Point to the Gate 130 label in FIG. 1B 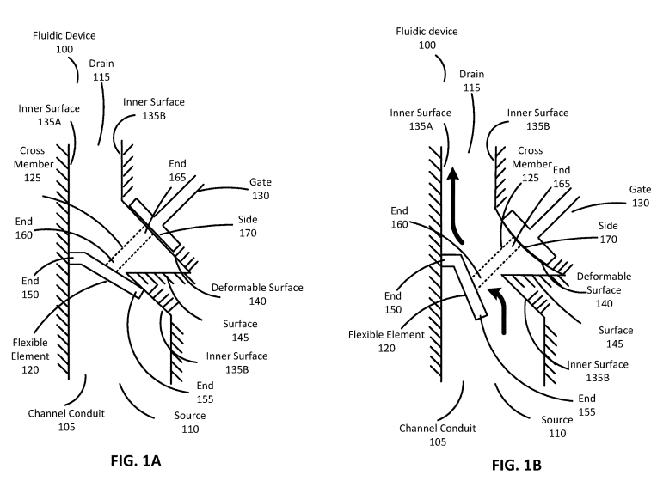pyautogui.click(x=640, y=196)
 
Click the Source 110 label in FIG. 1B pyautogui.click(x=557, y=427)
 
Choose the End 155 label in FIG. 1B pyautogui.click(x=586, y=405)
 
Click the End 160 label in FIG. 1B pyautogui.click(x=399, y=216)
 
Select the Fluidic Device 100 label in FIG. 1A pyautogui.click(x=64, y=43)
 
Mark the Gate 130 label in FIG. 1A pyautogui.click(x=261, y=190)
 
